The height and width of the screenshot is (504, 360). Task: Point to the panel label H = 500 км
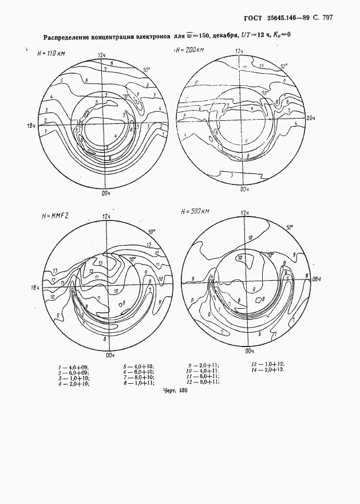[195, 212]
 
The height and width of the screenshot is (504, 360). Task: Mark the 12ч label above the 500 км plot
[244, 212]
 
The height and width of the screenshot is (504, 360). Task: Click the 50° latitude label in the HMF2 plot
[151, 232]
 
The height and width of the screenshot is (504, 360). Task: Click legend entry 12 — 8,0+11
[204, 383]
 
